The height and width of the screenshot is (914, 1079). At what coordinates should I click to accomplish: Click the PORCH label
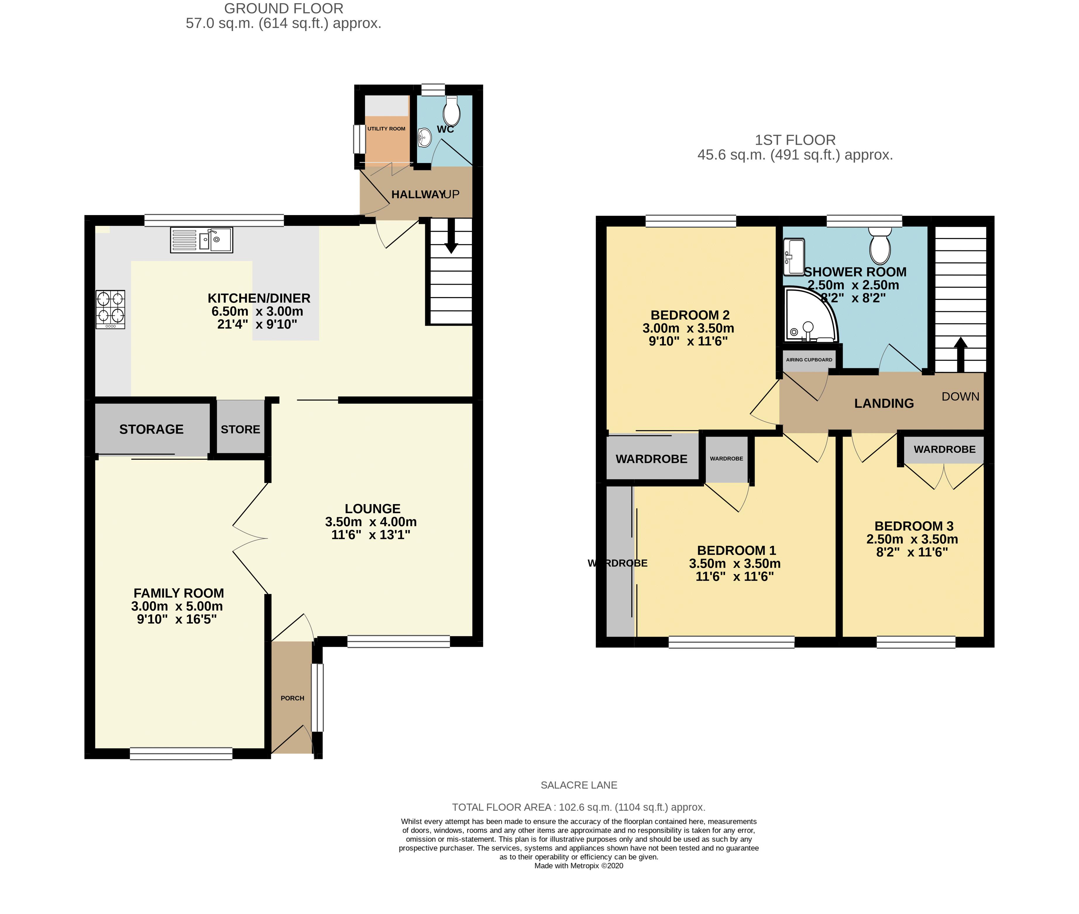[292, 698]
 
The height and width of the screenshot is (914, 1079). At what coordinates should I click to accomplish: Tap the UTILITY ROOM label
[386, 128]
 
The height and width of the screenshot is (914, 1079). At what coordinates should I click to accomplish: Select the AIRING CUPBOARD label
[809, 360]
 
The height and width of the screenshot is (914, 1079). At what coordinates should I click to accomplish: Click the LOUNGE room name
[373, 509]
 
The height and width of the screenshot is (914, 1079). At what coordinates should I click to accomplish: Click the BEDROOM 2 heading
[690, 315]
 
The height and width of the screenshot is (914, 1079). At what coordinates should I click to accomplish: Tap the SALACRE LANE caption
[579, 785]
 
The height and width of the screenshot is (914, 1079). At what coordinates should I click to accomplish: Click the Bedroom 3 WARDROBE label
[945, 449]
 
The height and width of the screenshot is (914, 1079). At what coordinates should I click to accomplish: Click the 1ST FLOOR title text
[795, 140]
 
